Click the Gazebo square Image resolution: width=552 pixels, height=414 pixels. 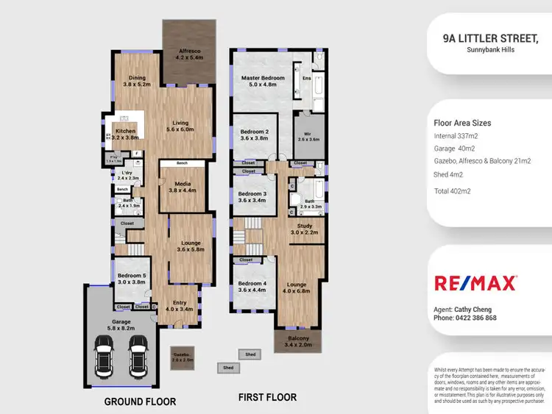pos(183,357)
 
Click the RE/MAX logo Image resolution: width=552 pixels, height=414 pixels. pos(475,283)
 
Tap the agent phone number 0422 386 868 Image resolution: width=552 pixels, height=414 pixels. pos(465,318)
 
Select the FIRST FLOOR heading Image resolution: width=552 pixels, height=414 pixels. pos(267,397)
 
